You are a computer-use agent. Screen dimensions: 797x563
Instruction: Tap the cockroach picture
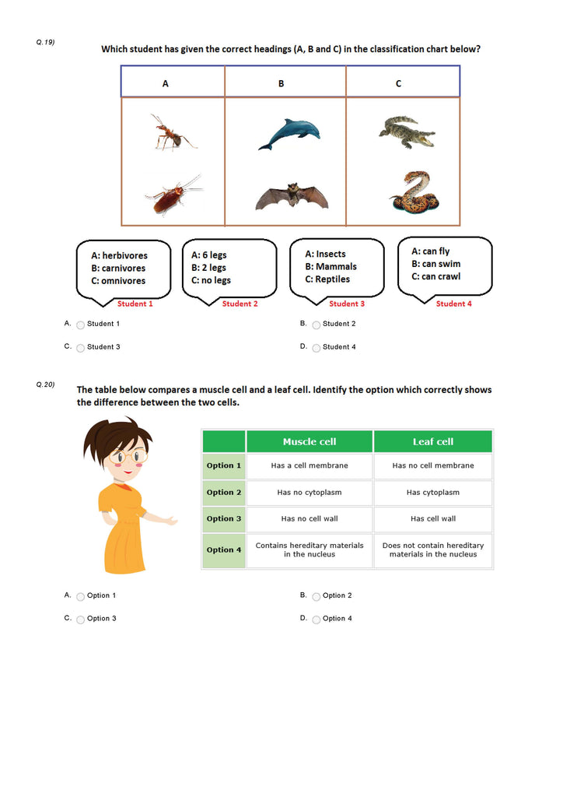(173, 195)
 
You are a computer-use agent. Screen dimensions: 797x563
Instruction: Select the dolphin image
(288, 134)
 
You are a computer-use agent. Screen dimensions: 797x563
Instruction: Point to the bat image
(291, 196)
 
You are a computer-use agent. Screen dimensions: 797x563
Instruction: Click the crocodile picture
(406, 132)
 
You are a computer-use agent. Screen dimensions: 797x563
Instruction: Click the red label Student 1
(135, 304)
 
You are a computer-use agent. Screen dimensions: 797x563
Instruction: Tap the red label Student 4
(453, 304)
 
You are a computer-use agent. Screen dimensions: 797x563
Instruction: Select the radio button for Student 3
(80, 348)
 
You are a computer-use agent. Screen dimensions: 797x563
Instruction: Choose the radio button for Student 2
(316, 325)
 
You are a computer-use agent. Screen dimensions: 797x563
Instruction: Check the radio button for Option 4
(316, 620)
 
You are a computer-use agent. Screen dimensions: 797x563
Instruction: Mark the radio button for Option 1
(80, 597)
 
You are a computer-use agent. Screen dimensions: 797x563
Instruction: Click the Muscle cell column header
(309, 441)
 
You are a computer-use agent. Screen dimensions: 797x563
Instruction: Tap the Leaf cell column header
(432, 441)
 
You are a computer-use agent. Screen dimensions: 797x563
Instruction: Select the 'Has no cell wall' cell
(309, 518)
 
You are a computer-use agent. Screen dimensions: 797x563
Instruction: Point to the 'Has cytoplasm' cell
(432, 492)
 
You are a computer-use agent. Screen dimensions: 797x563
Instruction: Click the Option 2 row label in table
(224, 492)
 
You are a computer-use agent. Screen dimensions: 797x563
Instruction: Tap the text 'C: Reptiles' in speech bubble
(327, 279)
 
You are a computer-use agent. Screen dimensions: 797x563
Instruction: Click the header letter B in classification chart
(281, 83)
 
